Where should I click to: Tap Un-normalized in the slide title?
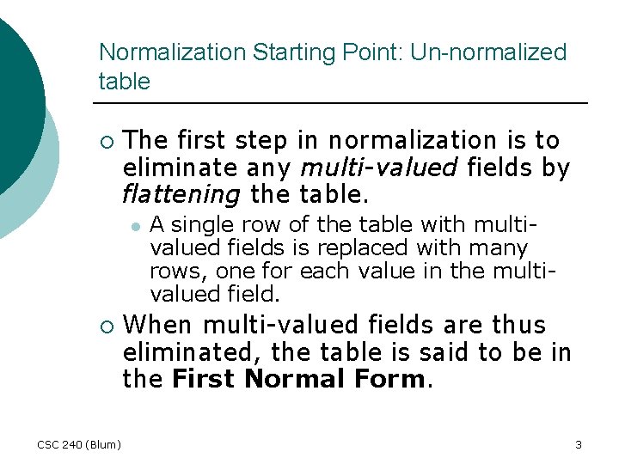coord(488,52)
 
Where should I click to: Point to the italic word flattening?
coord(181,194)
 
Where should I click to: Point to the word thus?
coord(518,325)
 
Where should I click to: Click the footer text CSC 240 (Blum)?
coord(79,444)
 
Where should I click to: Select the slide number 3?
coord(579,444)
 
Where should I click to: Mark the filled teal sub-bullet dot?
coord(135,226)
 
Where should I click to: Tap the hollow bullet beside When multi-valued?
coord(105,327)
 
